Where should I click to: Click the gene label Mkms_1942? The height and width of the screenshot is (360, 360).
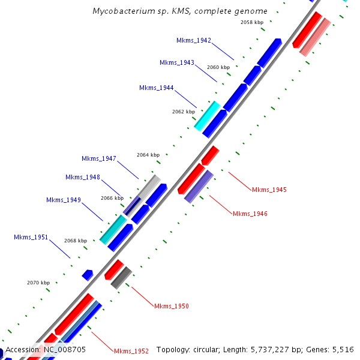pos(194,40)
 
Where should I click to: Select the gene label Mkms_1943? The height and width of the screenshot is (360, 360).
pos(177,62)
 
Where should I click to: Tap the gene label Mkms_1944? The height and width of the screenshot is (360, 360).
pos(157,88)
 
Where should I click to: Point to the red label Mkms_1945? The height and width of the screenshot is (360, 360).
pos(269,190)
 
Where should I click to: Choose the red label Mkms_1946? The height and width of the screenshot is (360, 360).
pos(250,214)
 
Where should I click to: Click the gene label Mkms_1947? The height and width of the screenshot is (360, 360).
pos(99,158)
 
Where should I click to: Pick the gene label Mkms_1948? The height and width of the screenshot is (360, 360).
pos(83,177)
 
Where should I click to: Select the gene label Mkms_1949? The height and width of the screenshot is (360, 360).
pos(64,200)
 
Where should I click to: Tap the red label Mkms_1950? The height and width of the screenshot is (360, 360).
pos(172,306)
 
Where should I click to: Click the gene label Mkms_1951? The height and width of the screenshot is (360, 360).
pos(31,237)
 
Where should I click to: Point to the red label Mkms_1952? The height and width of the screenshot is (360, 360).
pos(131,350)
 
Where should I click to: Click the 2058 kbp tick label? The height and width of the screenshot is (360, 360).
pos(252,22)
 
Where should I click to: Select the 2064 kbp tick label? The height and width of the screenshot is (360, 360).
pos(148,155)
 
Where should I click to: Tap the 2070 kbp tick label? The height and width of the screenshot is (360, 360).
pos(38,282)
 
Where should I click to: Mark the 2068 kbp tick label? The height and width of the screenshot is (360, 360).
pos(76,241)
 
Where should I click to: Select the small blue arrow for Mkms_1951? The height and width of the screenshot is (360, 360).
pos(88,275)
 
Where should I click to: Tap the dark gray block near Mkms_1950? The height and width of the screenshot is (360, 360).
pos(121,277)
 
